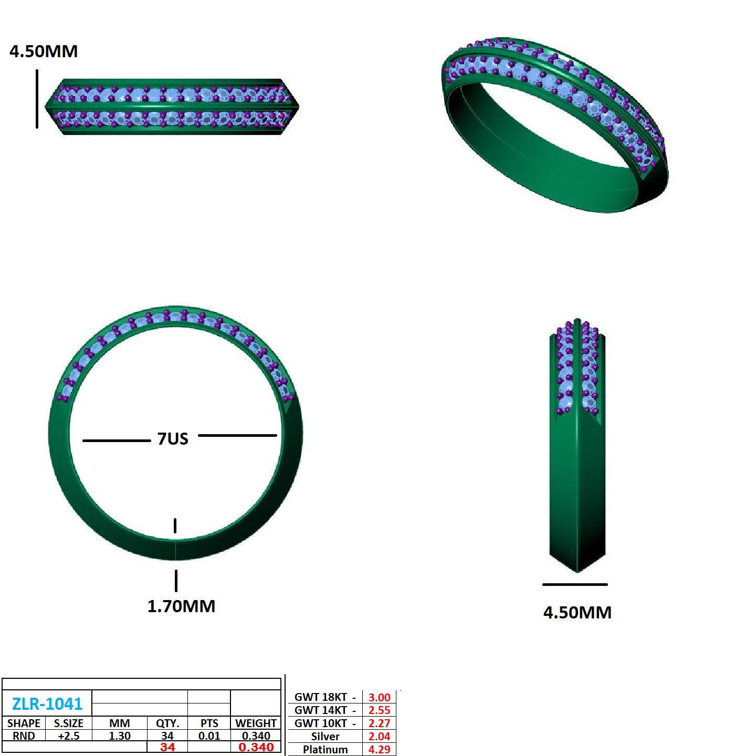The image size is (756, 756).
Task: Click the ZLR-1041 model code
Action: (x=47, y=703)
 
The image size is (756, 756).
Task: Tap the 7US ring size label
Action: (x=173, y=438)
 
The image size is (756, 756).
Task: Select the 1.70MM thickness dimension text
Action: (x=181, y=606)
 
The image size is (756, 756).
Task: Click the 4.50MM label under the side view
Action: (x=577, y=613)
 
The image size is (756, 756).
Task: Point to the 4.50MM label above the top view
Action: (x=44, y=51)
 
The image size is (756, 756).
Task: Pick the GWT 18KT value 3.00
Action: (x=379, y=697)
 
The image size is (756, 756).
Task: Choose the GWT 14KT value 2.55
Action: (x=379, y=710)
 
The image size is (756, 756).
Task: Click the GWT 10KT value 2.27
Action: (x=379, y=723)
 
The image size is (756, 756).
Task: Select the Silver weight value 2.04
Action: (x=379, y=737)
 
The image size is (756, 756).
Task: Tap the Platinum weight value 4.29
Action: (x=379, y=749)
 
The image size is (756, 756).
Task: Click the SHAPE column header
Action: (x=24, y=723)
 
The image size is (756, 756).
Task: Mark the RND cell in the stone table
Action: (x=24, y=736)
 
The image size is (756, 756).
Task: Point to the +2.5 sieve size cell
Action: (x=69, y=736)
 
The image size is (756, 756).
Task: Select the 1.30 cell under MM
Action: (x=120, y=736)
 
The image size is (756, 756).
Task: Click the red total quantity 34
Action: (x=167, y=747)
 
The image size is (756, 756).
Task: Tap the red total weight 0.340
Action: (x=256, y=747)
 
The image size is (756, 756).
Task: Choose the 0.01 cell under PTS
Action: (x=209, y=736)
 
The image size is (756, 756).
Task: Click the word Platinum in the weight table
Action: (x=325, y=749)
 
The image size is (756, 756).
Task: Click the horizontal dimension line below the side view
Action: (x=575, y=584)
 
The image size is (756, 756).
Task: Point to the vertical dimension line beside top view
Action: (x=37, y=99)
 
